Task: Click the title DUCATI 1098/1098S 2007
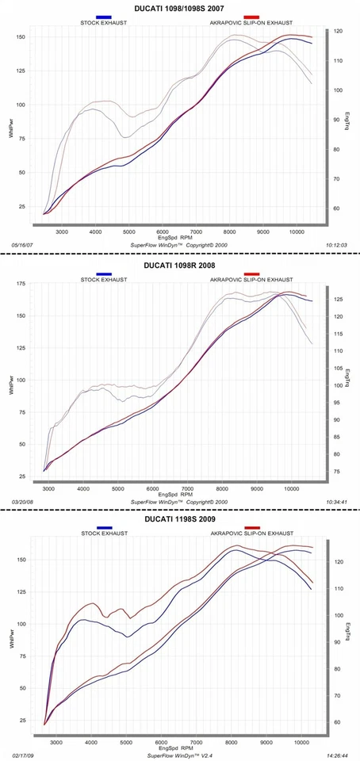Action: point(179,6)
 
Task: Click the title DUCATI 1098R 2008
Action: point(179,266)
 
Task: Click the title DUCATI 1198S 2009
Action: point(179,521)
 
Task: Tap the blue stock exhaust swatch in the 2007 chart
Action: point(103,16)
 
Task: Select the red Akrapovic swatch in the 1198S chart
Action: point(251,529)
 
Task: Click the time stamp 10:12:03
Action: point(340,246)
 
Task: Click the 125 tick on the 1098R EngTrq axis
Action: point(338,300)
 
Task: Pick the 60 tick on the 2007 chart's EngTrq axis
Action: point(339,209)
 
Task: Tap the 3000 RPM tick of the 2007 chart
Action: point(61,231)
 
